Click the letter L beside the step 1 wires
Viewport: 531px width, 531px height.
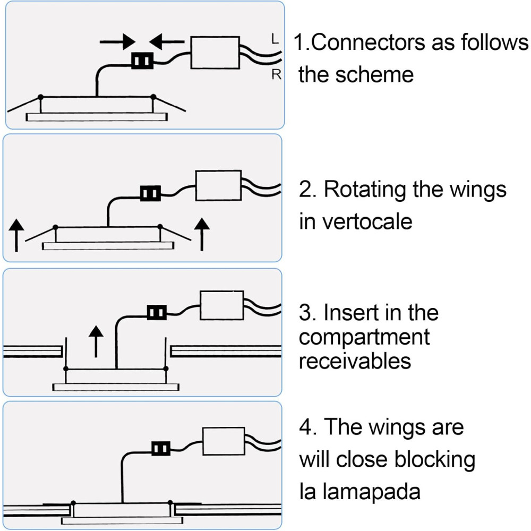tap(275, 39)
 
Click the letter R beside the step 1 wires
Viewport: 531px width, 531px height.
tap(276, 74)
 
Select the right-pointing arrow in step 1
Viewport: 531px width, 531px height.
tap(117, 42)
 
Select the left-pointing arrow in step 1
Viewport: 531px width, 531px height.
tap(167, 42)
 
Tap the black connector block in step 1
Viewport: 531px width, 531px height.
tap(142, 61)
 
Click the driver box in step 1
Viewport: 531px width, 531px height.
tap(215, 53)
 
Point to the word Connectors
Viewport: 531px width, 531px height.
tap(369, 42)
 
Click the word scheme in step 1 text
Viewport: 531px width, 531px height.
tap(374, 74)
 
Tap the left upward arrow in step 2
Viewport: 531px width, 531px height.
tap(16, 235)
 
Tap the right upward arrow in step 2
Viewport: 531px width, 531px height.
tap(202, 234)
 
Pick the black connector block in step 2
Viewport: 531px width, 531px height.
tap(151, 193)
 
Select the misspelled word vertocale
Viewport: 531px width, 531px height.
tap(367, 222)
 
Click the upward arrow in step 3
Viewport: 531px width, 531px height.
tap(96, 341)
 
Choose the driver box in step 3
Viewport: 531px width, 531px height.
tap(222, 305)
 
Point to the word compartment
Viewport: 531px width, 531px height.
tap(364, 338)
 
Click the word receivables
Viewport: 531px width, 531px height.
tap(355, 361)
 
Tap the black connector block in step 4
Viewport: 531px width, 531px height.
tap(161, 448)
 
